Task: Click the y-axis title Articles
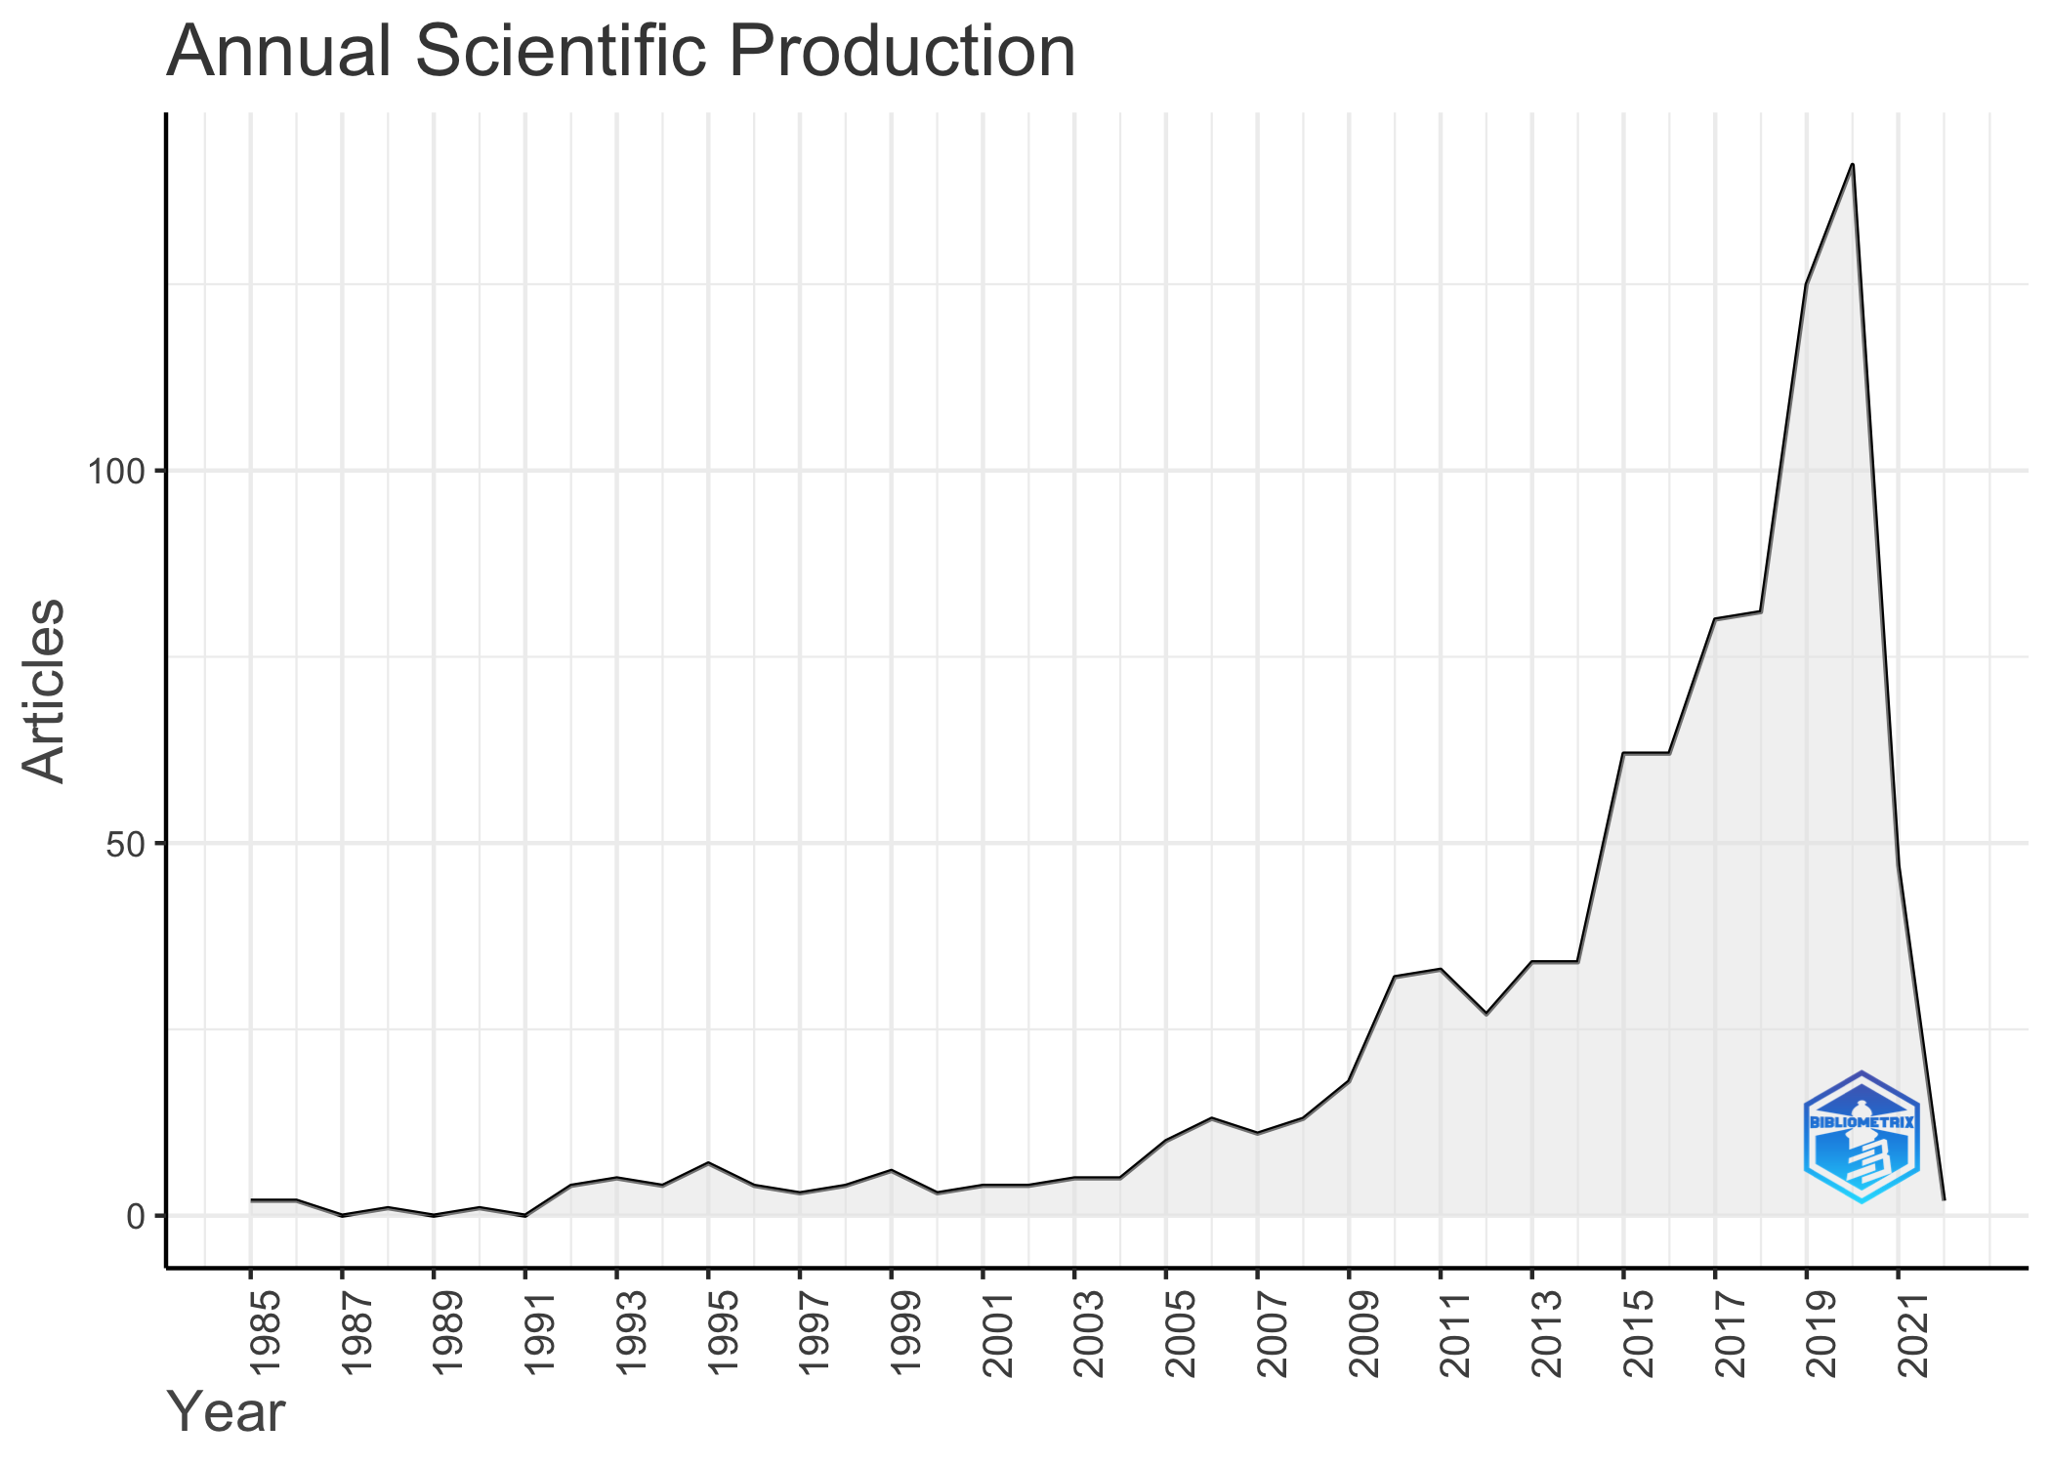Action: [x=43, y=690]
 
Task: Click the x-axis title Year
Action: [x=226, y=1411]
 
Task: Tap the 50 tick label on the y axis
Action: [x=126, y=844]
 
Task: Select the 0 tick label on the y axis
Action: [x=136, y=1216]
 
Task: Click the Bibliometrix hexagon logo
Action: [x=1861, y=1137]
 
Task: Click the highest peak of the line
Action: [x=1852, y=164]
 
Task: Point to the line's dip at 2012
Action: [x=1486, y=1014]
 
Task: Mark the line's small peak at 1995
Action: [x=708, y=1162]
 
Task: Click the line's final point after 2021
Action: [x=1944, y=1199]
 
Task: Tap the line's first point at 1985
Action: [x=251, y=1199]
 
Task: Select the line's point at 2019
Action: [x=1806, y=284]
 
